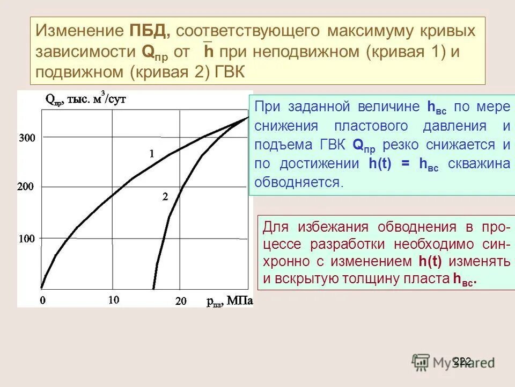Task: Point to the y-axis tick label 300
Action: point(27,138)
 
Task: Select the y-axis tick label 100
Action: point(27,238)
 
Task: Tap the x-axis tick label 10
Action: point(113,300)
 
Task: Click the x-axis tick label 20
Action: point(181,301)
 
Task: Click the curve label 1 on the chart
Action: point(152,154)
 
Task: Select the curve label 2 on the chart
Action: point(165,197)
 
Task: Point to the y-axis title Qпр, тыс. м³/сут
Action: point(86,99)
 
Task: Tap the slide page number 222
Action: point(462,361)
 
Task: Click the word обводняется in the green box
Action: point(298,182)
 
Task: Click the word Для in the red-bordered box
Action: point(276,227)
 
